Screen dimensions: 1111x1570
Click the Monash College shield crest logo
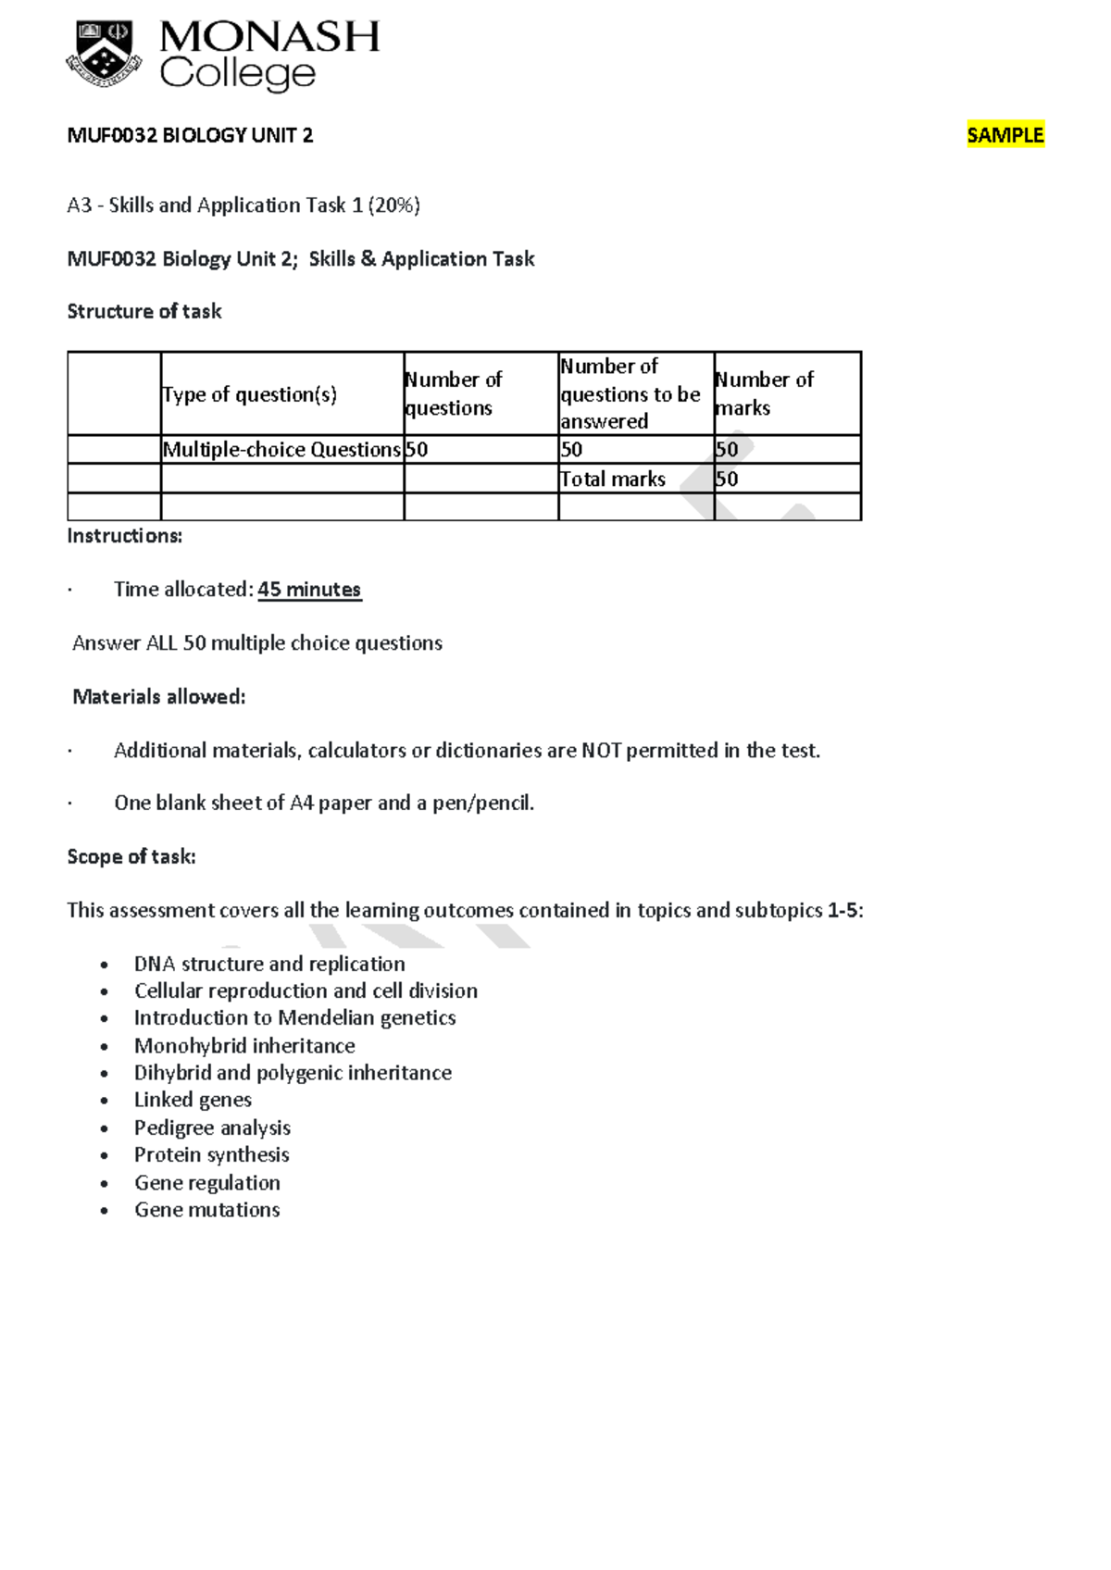coord(104,55)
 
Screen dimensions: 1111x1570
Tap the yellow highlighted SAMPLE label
coord(1005,135)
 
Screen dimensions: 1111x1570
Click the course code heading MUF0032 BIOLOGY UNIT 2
coord(190,135)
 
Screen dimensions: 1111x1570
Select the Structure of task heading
coord(144,311)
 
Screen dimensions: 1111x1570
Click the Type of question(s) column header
coord(250,394)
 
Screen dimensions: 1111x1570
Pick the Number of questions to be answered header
coord(630,393)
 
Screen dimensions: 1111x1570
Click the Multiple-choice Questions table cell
coord(281,450)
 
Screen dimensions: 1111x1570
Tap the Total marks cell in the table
coord(613,479)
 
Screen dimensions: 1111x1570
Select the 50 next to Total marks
coord(727,479)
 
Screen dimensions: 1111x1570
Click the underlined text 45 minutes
coord(309,590)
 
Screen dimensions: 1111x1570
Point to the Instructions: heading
coord(125,536)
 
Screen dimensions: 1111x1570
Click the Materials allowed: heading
coord(159,696)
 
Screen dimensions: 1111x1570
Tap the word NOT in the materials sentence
coord(601,751)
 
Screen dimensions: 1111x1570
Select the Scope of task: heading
coord(131,856)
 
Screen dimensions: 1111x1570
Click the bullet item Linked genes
coord(193,1100)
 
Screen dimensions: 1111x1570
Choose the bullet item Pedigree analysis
coord(212,1128)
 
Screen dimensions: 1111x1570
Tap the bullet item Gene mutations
coord(207,1210)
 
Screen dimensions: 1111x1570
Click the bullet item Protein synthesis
coord(212,1154)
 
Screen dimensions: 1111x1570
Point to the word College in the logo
coord(238,74)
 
